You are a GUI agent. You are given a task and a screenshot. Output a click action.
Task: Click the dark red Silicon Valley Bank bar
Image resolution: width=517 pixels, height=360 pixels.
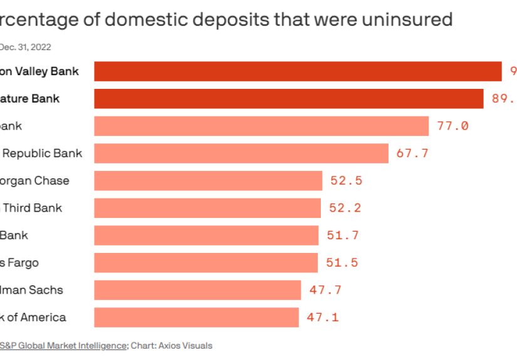298,71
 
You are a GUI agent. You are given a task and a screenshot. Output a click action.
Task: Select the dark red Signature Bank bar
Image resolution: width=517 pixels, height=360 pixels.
289,99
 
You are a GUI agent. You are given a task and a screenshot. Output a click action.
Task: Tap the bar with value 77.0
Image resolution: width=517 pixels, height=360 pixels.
261,126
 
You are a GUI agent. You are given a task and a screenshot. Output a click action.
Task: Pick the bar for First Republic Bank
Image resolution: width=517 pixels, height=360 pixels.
241,153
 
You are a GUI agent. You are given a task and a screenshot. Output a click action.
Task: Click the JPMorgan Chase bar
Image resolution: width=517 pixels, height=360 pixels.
208,180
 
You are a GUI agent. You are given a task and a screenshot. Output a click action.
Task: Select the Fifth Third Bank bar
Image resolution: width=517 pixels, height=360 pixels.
207,208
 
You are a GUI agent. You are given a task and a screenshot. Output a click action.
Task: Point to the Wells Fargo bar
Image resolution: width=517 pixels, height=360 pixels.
206,262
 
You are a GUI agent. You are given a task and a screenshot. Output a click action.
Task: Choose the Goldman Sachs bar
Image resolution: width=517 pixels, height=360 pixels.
197,290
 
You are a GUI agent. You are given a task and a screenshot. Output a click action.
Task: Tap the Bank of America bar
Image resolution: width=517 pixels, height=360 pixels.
196,317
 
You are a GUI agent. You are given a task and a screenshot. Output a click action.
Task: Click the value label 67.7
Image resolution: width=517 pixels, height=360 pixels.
412,153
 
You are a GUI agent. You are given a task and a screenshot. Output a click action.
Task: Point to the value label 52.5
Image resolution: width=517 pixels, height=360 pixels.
347,181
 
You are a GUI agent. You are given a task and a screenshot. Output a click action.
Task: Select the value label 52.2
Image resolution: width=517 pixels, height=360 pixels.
345,208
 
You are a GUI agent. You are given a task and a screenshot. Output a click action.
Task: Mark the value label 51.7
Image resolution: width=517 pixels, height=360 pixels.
343,235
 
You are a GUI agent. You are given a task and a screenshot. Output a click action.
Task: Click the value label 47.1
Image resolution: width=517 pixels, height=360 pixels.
323,317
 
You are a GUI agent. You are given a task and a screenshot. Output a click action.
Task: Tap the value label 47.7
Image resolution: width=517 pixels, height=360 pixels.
325,290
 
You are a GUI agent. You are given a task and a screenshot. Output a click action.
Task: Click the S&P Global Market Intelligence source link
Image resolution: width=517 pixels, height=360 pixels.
64,345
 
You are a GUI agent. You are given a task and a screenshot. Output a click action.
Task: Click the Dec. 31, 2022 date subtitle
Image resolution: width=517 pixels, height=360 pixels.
25,47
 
